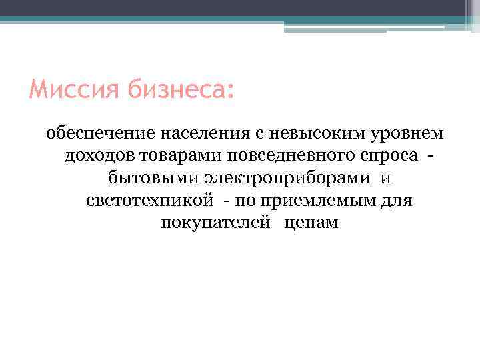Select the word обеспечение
click(100, 134)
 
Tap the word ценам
click(311, 223)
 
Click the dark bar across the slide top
click(240, 8)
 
